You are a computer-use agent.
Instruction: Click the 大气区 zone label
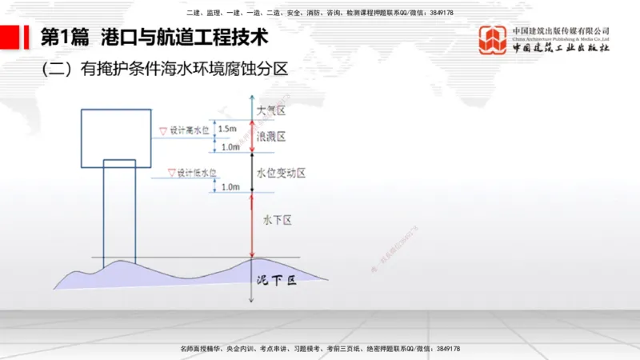(x=271, y=112)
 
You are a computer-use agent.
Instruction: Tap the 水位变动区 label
(x=281, y=173)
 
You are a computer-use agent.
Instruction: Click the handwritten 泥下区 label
(x=276, y=281)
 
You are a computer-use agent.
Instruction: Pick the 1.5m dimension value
(x=227, y=128)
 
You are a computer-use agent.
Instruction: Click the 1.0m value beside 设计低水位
(x=230, y=187)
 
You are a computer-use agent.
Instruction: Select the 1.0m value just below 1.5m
(x=230, y=147)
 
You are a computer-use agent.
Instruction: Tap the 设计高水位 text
(x=189, y=129)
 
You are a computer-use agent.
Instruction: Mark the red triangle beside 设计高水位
(x=164, y=129)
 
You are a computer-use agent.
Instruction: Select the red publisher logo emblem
(x=493, y=41)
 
